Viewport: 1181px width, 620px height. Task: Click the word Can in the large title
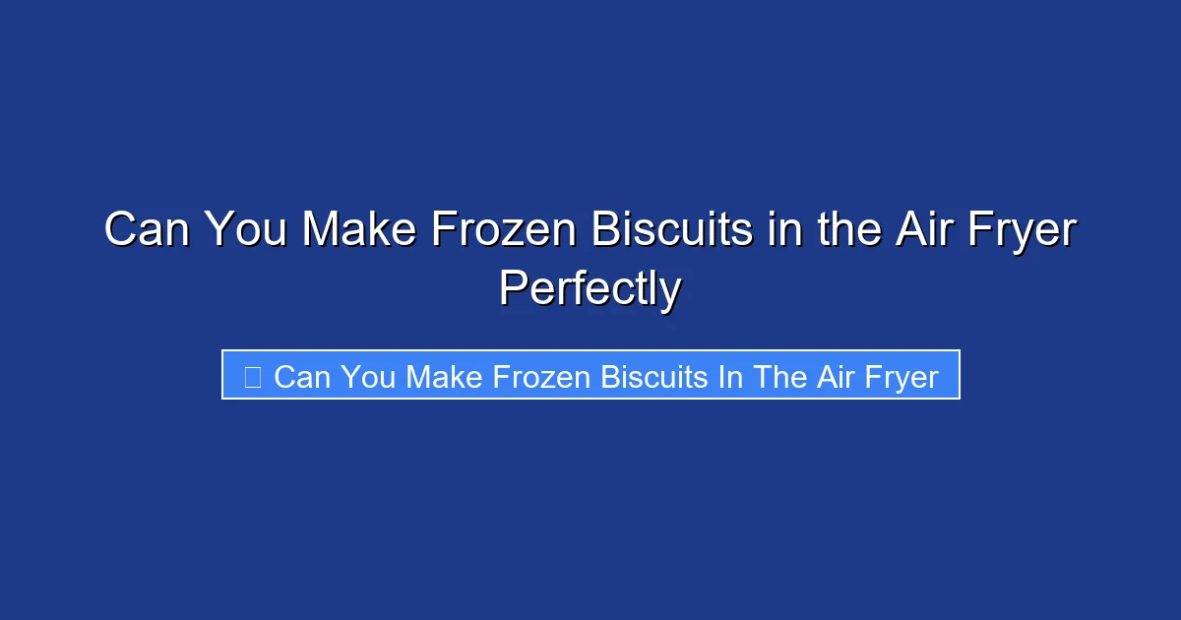pos(145,230)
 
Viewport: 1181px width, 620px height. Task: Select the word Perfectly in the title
pos(590,289)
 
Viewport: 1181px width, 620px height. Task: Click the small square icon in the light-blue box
pos(252,377)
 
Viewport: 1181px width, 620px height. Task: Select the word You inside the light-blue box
pos(368,377)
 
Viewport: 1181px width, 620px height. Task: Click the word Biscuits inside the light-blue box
pos(653,377)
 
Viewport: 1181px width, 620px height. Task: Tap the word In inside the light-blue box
pos(730,377)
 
